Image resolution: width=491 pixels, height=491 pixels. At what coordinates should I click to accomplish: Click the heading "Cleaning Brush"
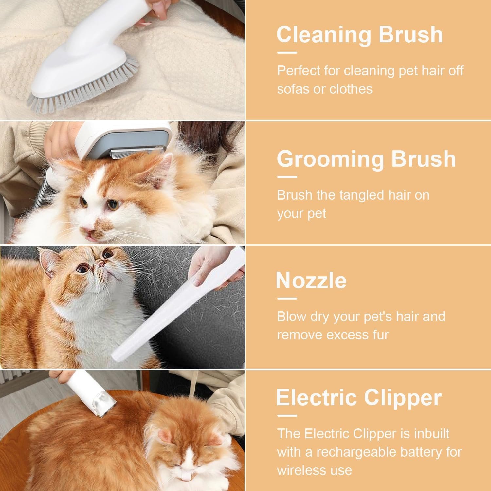(x=360, y=34)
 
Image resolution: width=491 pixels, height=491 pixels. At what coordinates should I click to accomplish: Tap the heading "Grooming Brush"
(x=366, y=159)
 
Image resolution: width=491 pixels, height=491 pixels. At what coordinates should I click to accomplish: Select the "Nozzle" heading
(x=311, y=281)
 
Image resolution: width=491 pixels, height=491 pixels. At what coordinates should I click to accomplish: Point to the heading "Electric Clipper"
(x=359, y=397)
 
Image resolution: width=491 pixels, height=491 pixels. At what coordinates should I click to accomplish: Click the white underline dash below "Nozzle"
(x=287, y=299)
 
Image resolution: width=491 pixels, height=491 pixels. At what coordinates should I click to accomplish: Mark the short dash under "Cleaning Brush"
(x=287, y=52)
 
